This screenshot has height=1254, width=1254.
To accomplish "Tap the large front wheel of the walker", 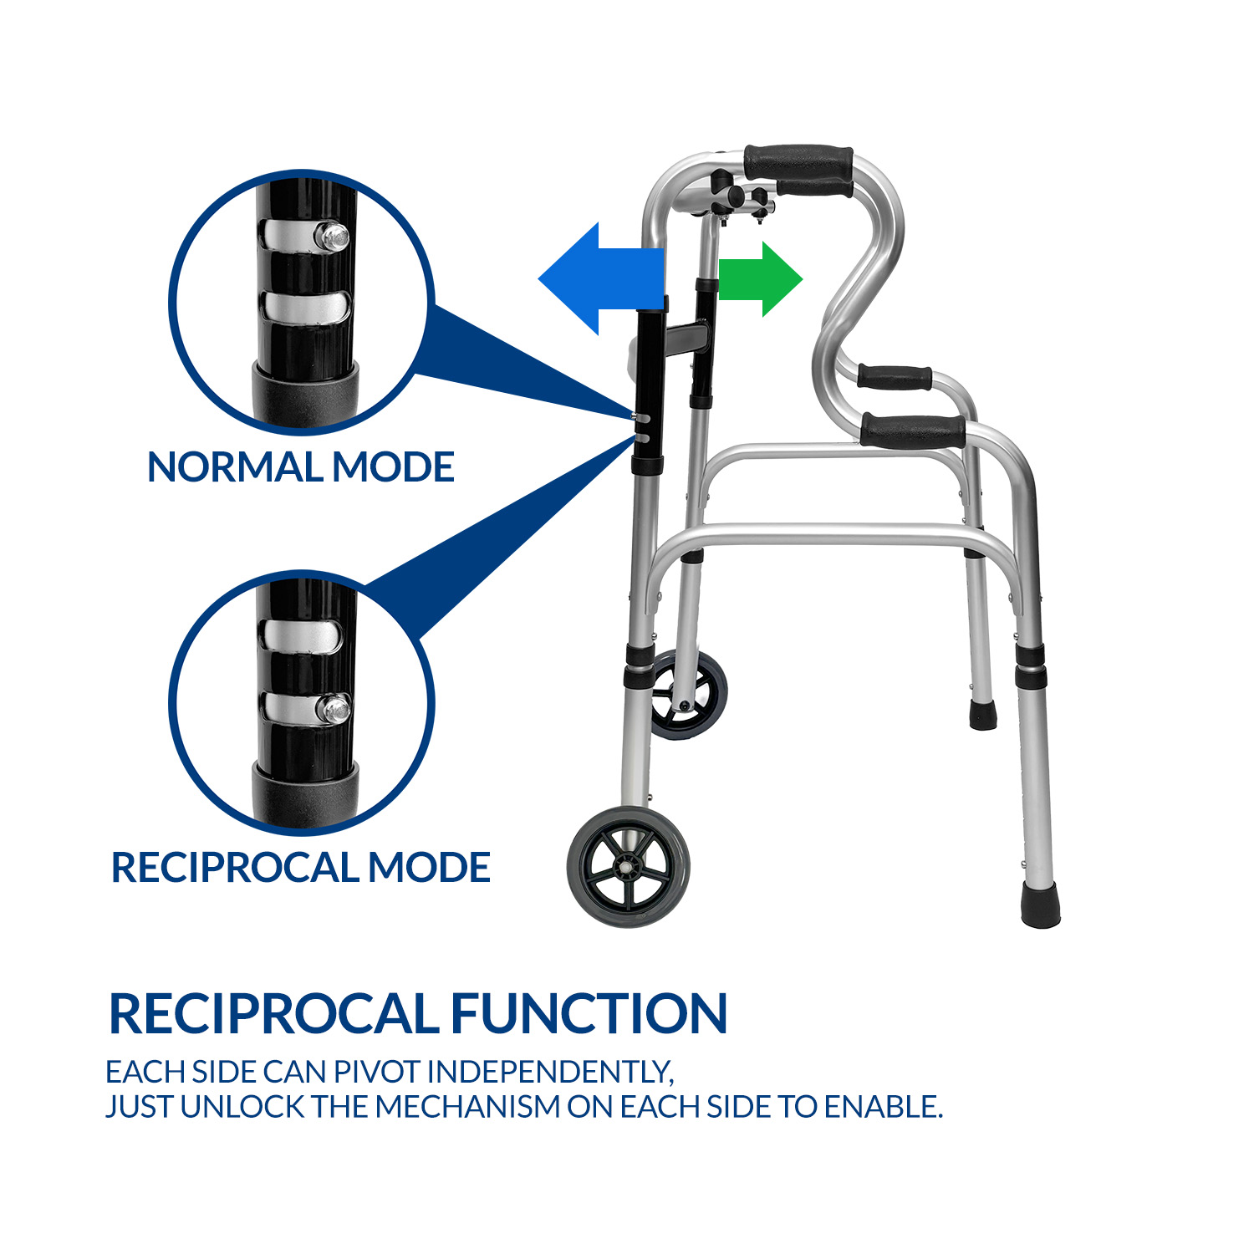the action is coord(629,866).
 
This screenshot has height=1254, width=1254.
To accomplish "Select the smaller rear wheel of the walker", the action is coord(687,694).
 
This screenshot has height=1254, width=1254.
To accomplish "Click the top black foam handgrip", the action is coord(798,162).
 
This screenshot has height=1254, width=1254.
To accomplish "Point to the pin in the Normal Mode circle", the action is coord(332,237).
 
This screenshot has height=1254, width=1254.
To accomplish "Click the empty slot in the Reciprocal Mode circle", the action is coord(302,635).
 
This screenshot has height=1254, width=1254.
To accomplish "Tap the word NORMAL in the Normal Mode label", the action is coord(237,466).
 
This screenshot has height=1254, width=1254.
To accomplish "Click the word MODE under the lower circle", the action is coord(429,867).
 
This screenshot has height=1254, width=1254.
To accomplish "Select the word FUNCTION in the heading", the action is coord(589,1013).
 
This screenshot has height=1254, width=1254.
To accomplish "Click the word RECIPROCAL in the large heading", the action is coord(273,1013).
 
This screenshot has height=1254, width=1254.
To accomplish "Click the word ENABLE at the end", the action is coord(883,1107).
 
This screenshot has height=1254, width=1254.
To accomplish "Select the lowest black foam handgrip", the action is coord(913,431).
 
